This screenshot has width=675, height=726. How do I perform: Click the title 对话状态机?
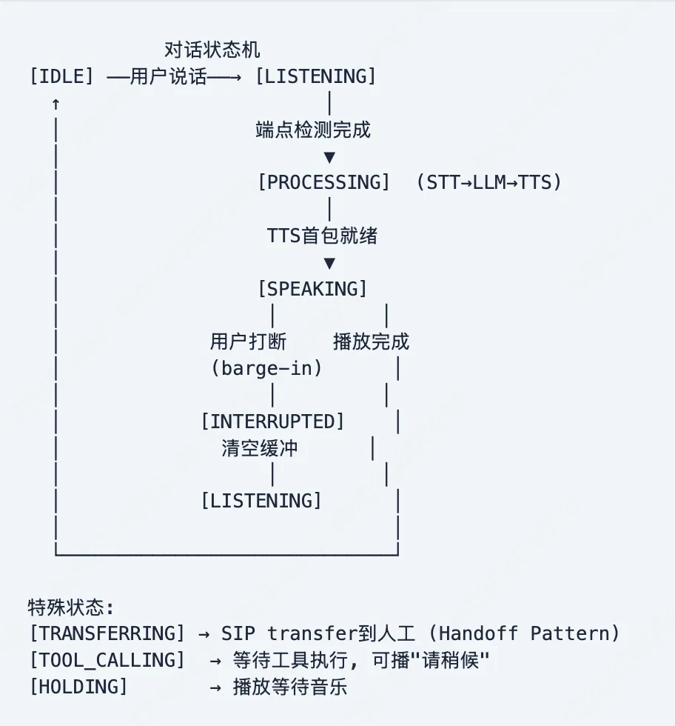point(212,50)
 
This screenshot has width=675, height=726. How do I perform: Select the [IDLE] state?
point(61,76)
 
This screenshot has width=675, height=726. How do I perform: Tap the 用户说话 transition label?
point(169,76)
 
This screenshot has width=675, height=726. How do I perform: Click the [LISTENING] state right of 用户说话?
point(315,76)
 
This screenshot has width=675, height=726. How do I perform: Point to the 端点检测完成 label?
point(312,130)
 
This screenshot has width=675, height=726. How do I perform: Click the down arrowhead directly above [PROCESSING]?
point(329,158)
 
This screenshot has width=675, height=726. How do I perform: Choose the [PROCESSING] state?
point(323,182)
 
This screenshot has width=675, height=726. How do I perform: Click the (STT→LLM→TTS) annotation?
point(488,182)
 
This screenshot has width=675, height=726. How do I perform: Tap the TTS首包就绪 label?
point(322,236)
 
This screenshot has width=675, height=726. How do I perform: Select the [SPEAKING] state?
point(312,289)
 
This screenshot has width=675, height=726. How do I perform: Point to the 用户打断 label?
point(248,342)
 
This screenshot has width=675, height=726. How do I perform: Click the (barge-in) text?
point(266,368)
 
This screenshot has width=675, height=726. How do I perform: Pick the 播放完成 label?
point(371,342)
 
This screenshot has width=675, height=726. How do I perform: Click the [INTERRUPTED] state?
point(272,422)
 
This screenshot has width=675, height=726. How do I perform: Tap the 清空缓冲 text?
point(259,448)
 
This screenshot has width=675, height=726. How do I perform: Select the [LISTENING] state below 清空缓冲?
point(261,501)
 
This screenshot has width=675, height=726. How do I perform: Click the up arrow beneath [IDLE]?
point(56,104)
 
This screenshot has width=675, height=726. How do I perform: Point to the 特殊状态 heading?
point(71,607)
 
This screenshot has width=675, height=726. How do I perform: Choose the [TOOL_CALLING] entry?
point(107,660)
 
